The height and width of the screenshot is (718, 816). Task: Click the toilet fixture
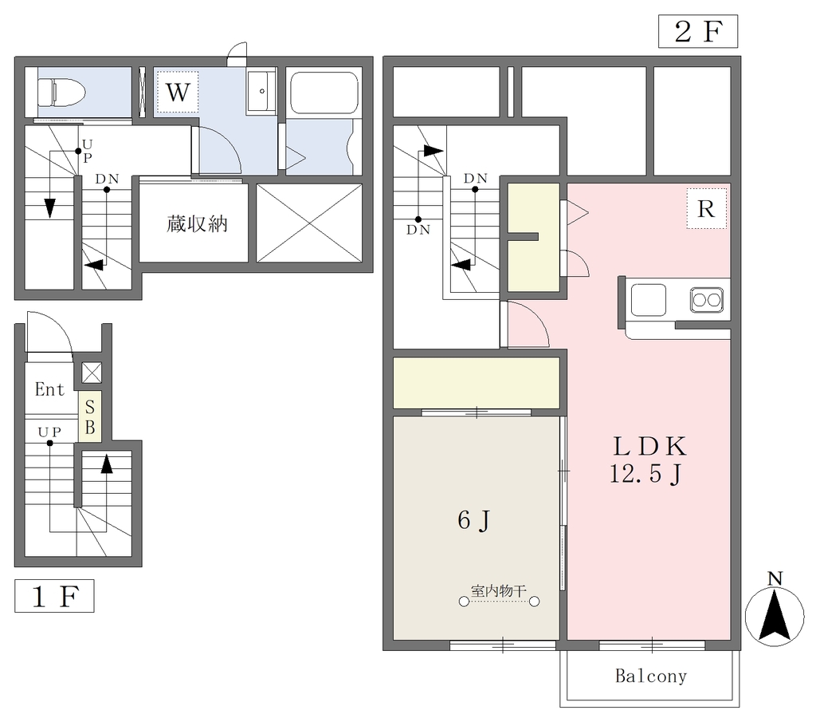pyautogui.click(x=61, y=92)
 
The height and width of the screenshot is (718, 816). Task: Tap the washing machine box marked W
pyautogui.click(x=178, y=92)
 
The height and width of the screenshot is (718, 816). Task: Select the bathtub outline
pyautogui.click(x=324, y=93)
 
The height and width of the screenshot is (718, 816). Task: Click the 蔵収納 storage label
pyautogui.click(x=197, y=224)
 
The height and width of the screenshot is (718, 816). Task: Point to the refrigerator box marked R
pyautogui.click(x=706, y=208)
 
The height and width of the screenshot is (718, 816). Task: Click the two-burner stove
pyautogui.click(x=707, y=300)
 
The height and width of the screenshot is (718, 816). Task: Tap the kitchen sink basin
pyautogui.click(x=649, y=300)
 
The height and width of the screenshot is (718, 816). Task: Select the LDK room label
pyautogui.click(x=650, y=446)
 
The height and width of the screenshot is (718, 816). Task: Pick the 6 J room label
pyautogui.click(x=473, y=520)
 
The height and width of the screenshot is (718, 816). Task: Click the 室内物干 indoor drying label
pyautogui.click(x=499, y=591)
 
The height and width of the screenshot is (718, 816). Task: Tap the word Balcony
pyautogui.click(x=651, y=676)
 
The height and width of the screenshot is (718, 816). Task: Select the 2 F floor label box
pyautogui.click(x=698, y=31)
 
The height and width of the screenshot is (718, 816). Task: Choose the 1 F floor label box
pyautogui.click(x=54, y=596)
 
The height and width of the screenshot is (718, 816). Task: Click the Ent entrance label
pyautogui.click(x=49, y=389)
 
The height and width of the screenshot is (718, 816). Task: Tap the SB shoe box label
pyautogui.click(x=90, y=416)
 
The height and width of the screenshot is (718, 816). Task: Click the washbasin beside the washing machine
pyautogui.click(x=261, y=91)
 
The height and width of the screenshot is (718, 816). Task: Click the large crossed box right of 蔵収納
pyautogui.click(x=309, y=223)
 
